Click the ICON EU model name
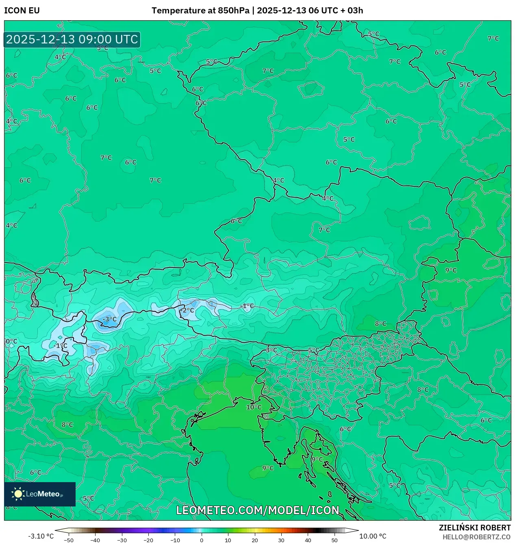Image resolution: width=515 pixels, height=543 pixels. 22,11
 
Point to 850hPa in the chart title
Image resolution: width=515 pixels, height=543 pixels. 233,11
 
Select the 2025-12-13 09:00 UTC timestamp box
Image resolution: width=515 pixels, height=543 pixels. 72,40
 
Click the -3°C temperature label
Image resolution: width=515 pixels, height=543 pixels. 109,319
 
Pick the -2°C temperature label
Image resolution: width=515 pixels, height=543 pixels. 187,310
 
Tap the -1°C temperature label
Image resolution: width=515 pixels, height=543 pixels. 247,306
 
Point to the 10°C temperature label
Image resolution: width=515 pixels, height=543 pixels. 254,407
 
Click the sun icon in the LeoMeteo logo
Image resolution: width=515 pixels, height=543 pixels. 18,493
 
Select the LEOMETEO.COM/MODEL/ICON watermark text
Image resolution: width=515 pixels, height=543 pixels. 257,510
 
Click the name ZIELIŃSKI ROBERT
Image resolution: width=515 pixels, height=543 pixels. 474,528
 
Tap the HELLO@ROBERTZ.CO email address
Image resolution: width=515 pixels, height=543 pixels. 476,537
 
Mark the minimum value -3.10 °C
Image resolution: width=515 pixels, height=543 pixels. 41,536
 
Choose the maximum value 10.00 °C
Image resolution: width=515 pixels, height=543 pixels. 373,536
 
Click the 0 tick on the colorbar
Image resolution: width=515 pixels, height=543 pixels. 202,540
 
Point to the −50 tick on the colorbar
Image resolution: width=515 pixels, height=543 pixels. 69,540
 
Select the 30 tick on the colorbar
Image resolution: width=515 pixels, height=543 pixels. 281,540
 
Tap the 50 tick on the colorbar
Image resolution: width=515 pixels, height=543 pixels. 334,540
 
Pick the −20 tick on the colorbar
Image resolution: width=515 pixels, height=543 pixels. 148,540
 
